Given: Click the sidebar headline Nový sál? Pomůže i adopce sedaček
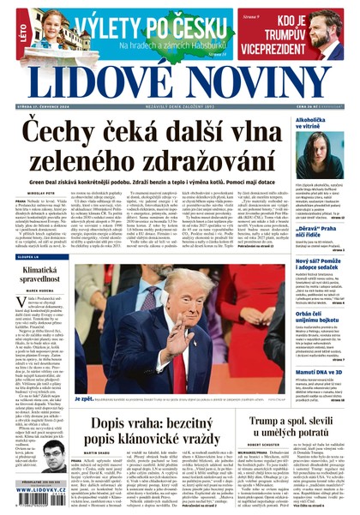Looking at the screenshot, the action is pos(318,265).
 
